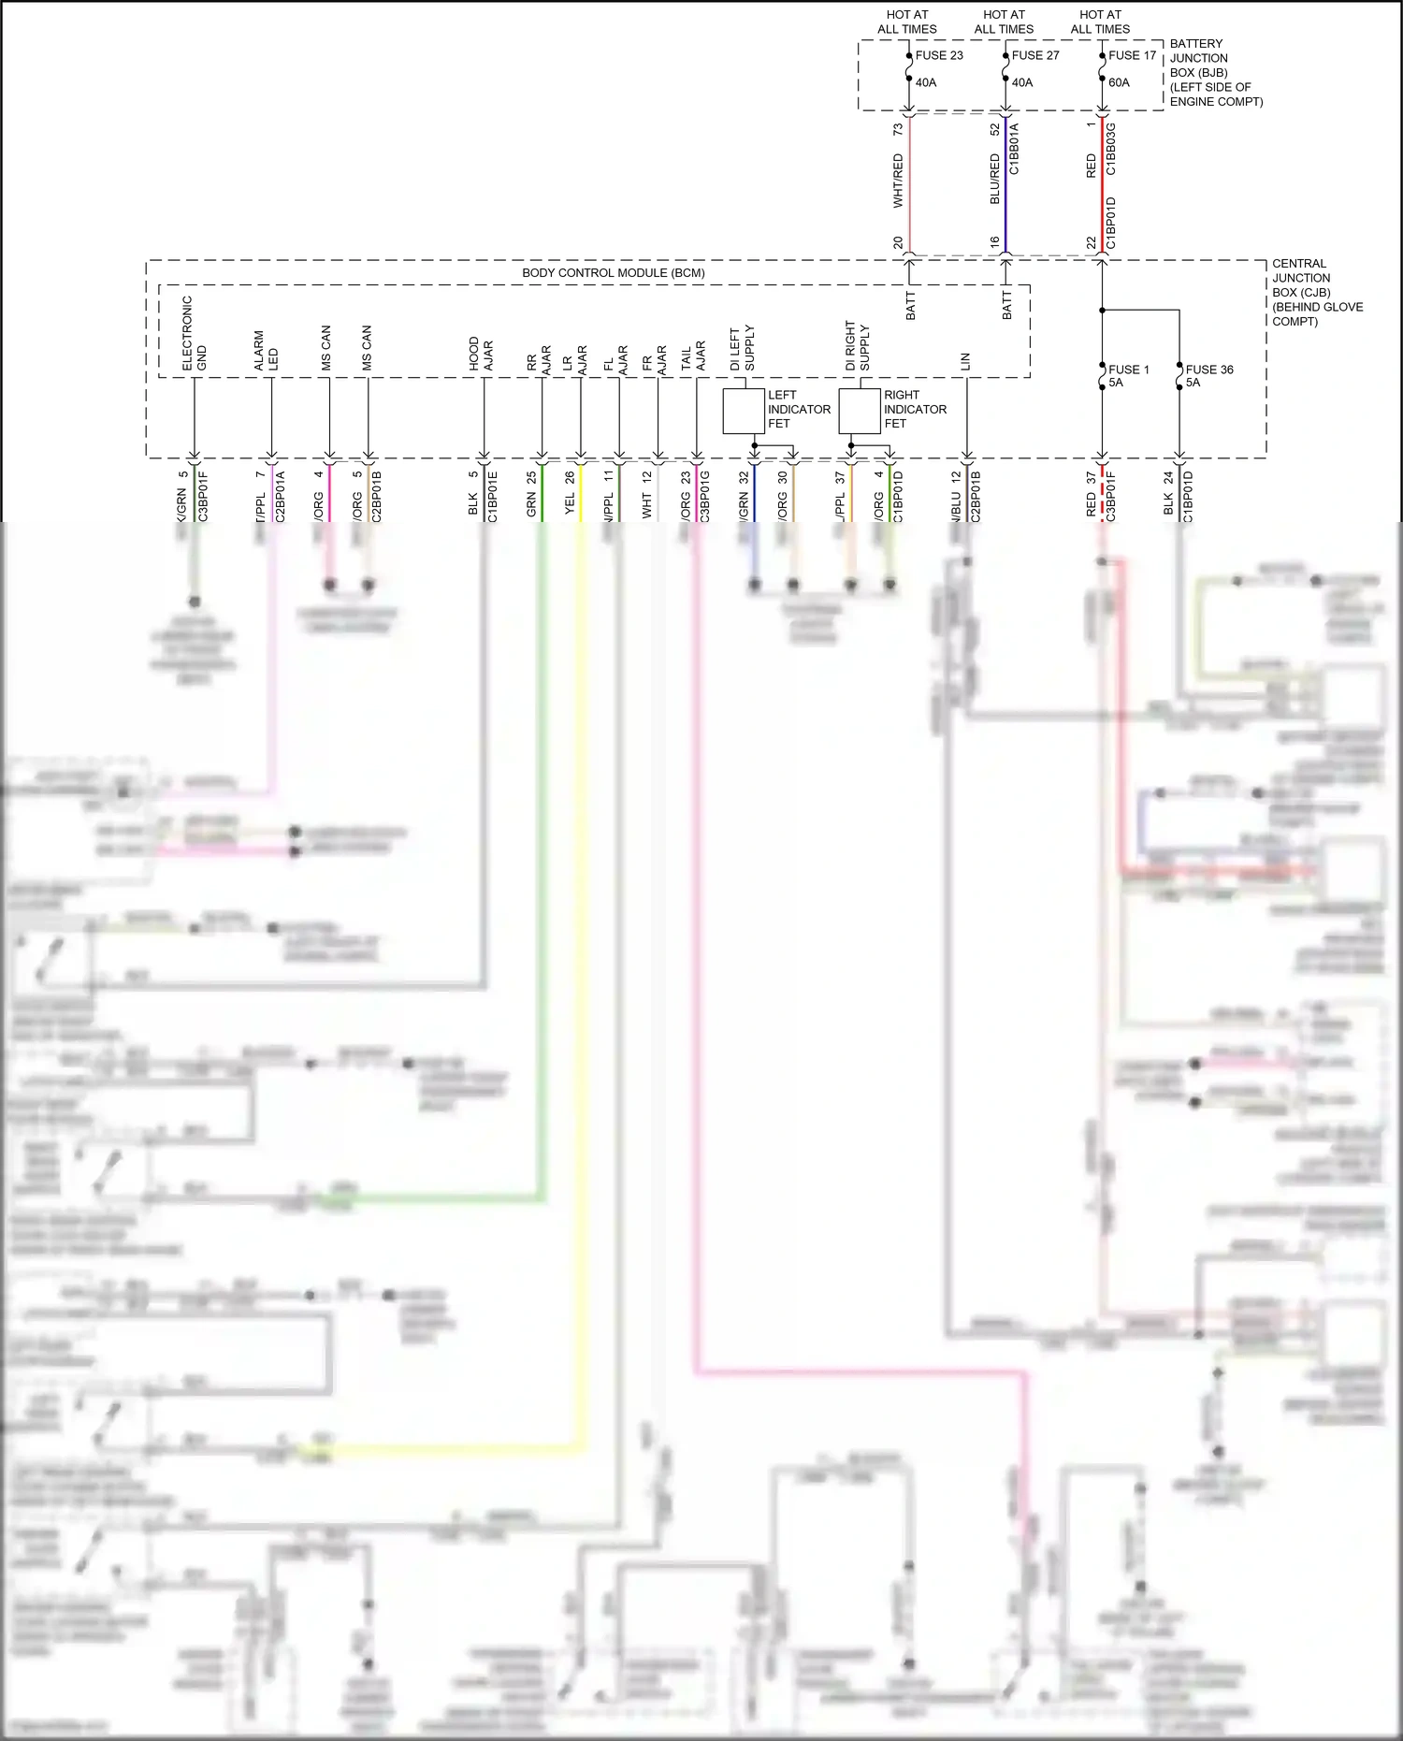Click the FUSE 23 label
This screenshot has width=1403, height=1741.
click(938, 55)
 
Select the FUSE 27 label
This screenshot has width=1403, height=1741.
click(1035, 55)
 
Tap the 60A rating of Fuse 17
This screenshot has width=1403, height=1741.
click(1119, 82)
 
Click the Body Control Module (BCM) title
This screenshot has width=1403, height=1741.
click(613, 273)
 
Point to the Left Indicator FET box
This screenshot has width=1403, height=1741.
click(744, 412)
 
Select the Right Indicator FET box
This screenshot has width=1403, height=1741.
click(859, 412)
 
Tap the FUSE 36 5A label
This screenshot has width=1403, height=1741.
click(1208, 375)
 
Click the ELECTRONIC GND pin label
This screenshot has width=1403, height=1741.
click(194, 334)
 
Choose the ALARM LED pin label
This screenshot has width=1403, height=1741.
click(266, 350)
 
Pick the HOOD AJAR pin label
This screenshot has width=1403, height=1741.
click(481, 354)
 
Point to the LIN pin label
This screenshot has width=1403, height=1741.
click(965, 361)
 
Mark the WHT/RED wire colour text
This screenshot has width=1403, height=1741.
click(898, 181)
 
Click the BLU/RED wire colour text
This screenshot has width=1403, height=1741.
click(995, 179)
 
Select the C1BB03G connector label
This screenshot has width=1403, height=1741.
click(1111, 149)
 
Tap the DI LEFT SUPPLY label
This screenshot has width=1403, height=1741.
click(742, 348)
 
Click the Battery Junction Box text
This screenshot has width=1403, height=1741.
click(1214, 72)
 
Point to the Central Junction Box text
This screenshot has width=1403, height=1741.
click(1315, 292)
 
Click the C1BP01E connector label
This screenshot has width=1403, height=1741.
click(493, 496)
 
